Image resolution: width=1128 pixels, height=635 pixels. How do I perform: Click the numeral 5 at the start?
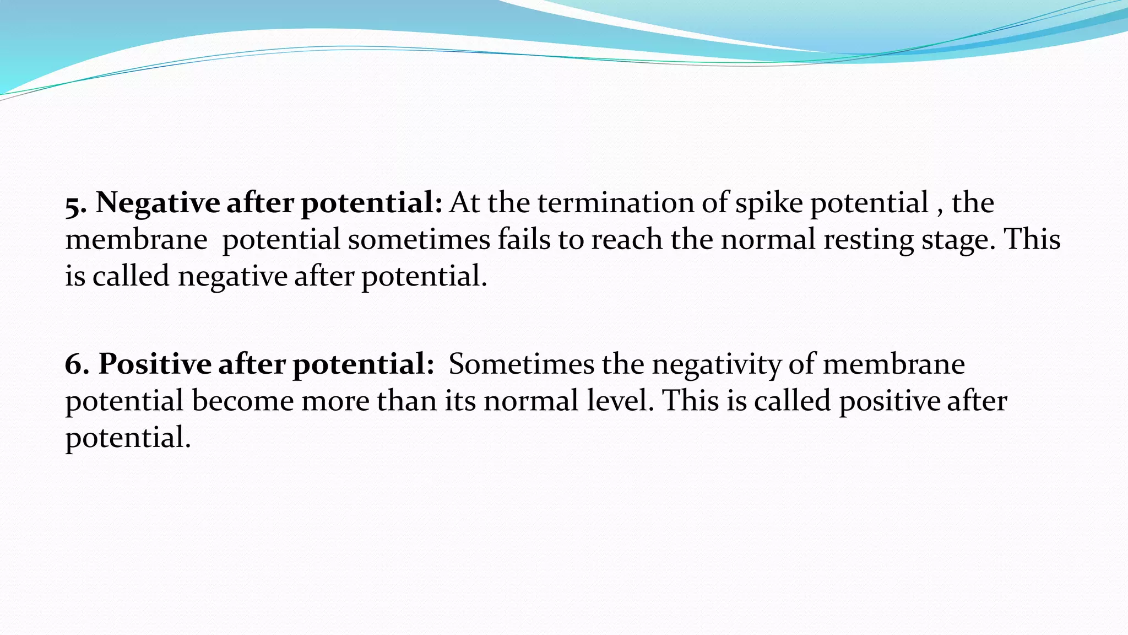(75, 205)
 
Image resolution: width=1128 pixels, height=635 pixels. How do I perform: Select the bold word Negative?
(158, 203)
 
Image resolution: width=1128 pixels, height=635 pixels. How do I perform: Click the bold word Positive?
(155, 364)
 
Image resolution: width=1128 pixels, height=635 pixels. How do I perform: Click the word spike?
(769, 203)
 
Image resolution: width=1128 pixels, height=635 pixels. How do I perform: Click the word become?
(242, 401)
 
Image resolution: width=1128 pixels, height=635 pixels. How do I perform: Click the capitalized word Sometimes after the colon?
(520, 364)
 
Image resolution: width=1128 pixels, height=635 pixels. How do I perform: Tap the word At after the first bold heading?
(464, 203)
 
